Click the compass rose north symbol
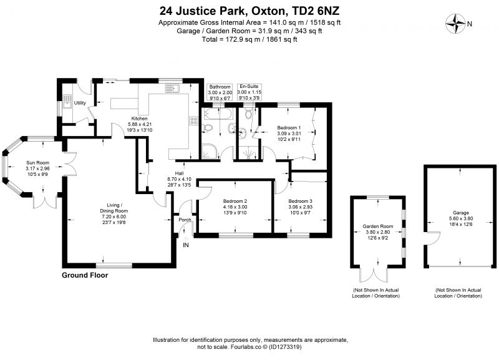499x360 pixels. (x=456, y=24)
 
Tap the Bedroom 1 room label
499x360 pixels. (x=289, y=128)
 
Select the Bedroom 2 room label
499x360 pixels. (x=235, y=201)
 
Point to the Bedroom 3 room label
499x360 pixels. (x=300, y=201)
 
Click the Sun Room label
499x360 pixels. (x=37, y=163)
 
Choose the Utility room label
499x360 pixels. (x=80, y=103)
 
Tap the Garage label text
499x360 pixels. (x=461, y=213)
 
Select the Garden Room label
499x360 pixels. (x=378, y=226)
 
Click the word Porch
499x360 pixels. (x=185, y=220)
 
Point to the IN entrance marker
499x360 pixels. (x=185, y=245)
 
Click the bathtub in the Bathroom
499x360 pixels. (x=219, y=114)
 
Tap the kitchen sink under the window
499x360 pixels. (x=172, y=88)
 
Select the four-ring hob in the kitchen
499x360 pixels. (x=194, y=120)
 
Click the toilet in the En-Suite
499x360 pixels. (x=248, y=114)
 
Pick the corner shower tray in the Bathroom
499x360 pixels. (x=211, y=150)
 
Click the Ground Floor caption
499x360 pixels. (x=85, y=275)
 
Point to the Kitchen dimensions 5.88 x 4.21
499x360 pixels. (x=139, y=124)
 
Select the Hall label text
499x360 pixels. (x=179, y=173)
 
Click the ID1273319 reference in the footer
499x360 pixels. (x=285, y=347)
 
